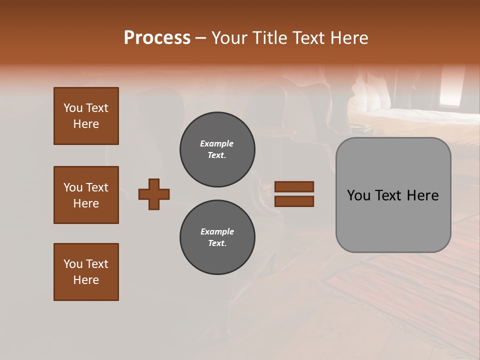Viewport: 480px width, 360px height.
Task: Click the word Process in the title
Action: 157,38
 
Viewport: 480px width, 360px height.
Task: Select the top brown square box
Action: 86,116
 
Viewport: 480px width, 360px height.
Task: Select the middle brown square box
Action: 86,195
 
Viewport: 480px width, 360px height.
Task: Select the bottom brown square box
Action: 86,272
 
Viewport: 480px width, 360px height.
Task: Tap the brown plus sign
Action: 154,194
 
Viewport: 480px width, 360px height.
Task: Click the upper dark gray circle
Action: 217,149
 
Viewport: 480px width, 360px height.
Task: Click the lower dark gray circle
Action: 217,237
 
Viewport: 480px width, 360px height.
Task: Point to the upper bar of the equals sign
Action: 294,186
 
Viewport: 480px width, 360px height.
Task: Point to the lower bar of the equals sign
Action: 294,201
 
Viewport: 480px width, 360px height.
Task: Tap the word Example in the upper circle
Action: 216,143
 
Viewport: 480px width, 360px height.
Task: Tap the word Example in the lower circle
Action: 217,231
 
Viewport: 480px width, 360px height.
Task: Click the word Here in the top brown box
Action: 86,124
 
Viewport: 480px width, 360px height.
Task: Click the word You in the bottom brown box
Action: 73,264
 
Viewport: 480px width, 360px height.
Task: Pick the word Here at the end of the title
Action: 349,38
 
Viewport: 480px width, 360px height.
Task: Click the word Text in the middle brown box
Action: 97,187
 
